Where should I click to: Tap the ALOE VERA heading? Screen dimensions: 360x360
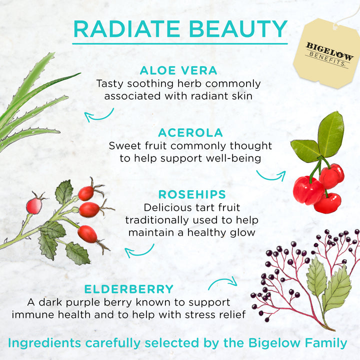(x=178, y=70)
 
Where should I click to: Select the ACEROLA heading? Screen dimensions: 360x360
(x=190, y=133)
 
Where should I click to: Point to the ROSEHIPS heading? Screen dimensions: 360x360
(x=192, y=194)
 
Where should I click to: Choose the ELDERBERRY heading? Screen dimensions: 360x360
(x=129, y=289)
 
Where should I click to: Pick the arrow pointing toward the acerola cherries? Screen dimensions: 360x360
(x=270, y=175)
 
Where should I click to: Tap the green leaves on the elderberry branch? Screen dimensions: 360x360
(x=327, y=285)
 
